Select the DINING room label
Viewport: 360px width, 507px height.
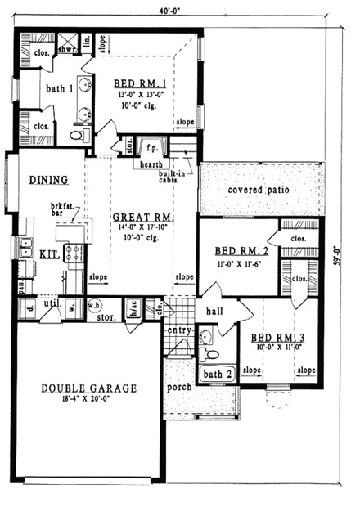(x=41, y=181)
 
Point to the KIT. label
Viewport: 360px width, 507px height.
(x=48, y=254)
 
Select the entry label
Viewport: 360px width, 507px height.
(x=179, y=330)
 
